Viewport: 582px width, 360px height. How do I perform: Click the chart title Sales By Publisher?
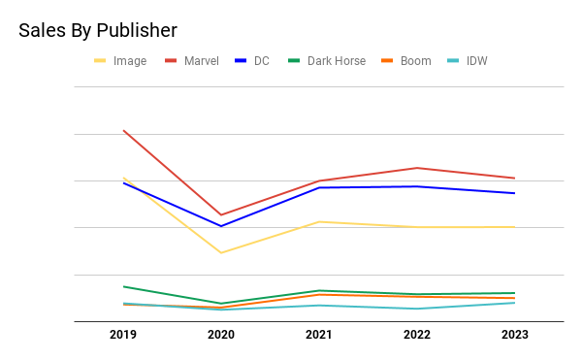[98, 30]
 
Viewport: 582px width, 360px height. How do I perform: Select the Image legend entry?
[120, 61]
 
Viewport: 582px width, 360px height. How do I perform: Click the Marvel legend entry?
[192, 61]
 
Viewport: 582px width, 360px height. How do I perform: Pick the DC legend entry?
[252, 61]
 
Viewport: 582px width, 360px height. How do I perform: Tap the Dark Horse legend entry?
[327, 61]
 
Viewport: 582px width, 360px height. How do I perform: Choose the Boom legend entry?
[406, 61]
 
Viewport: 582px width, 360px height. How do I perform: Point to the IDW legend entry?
[468, 61]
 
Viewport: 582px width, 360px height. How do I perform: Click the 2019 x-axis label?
[123, 335]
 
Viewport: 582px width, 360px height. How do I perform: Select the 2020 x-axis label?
[221, 335]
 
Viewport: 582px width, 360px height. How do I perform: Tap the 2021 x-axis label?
[319, 335]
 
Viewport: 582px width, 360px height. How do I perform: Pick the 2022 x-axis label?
[417, 335]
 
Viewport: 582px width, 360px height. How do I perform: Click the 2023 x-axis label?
[515, 335]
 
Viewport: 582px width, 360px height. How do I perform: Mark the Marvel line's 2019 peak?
[123, 131]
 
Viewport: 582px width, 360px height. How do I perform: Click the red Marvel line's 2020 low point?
[221, 214]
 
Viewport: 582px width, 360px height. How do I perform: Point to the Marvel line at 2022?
[417, 168]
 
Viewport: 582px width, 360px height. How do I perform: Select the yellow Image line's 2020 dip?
[221, 253]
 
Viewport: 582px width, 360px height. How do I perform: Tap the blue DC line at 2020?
[221, 226]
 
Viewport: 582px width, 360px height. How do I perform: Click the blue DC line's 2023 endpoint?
[515, 193]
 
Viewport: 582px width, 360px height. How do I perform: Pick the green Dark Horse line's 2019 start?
[123, 286]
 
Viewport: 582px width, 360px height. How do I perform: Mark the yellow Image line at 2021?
[319, 222]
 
